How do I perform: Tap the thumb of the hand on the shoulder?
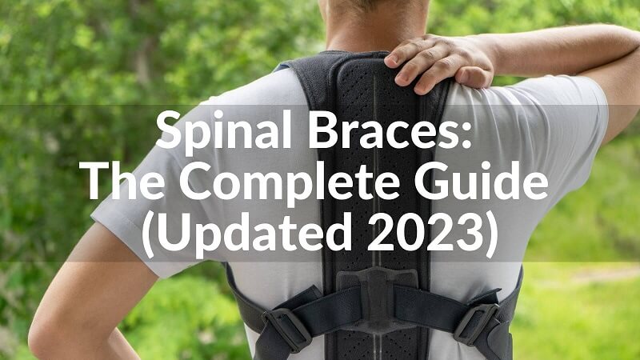click(400, 56)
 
